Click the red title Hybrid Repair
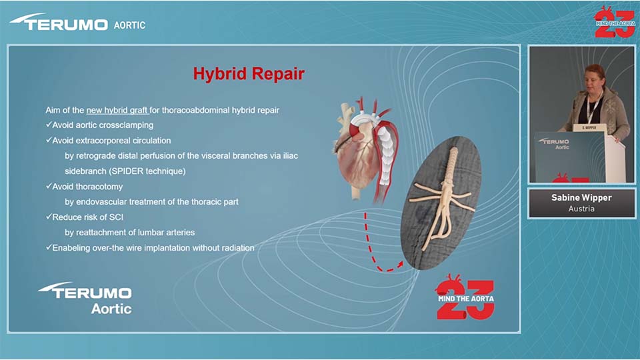249,74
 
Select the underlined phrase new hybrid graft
117,110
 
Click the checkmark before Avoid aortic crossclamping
49,125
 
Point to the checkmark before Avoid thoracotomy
49,186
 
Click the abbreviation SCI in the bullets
116,217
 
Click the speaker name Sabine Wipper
581,197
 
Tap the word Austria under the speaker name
581,209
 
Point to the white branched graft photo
441,203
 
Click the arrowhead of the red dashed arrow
401,264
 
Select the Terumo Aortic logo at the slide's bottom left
86,299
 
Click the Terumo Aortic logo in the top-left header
77,23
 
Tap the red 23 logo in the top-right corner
615,21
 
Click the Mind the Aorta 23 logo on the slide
465,297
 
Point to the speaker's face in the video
594,78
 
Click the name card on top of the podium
589,128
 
